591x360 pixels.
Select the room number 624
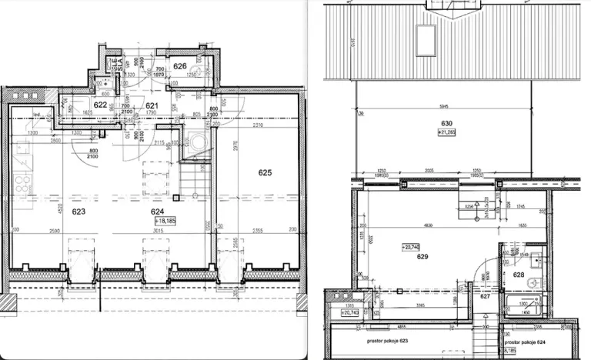(159, 209)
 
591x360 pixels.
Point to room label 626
(180, 67)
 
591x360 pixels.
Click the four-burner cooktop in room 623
(23, 185)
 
